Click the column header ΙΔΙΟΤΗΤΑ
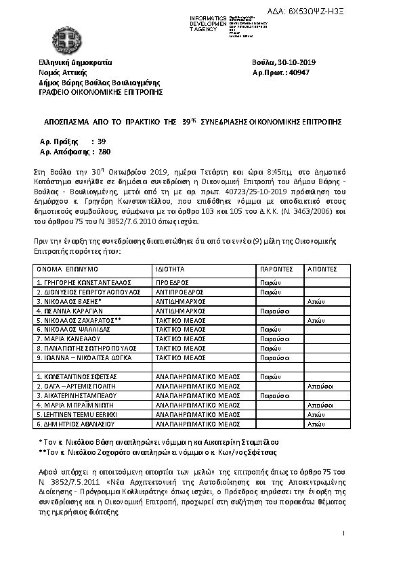pos(170,268)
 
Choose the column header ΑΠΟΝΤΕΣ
pos(321,268)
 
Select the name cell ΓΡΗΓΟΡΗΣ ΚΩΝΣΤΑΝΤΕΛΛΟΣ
pos(83,282)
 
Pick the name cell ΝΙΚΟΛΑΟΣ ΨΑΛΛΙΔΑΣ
pos(76,328)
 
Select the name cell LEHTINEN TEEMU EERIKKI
pos(78,414)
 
